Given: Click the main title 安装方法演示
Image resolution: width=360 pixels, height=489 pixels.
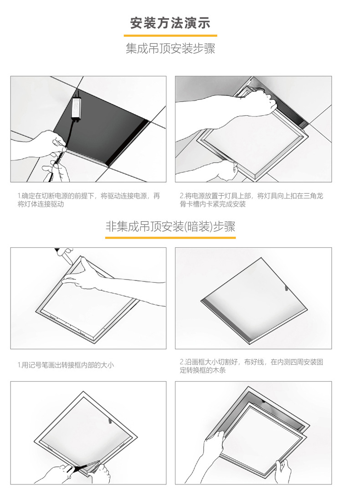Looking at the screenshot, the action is pyautogui.click(x=170, y=23).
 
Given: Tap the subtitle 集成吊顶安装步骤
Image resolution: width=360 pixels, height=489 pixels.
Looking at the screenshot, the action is pyautogui.click(x=170, y=48).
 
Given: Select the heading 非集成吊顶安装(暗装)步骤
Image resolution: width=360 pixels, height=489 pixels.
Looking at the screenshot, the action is pyautogui.click(x=170, y=226).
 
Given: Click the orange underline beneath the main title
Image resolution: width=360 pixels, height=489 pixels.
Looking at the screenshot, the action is pyautogui.click(x=170, y=36).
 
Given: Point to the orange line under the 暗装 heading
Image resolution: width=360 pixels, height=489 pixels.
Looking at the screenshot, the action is pyautogui.click(x=170, y=238).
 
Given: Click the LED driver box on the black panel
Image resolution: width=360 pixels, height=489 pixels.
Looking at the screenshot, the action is pyautogui.click(x=76, y=107).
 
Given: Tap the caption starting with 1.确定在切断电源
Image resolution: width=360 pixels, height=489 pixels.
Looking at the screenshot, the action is pyautogui.click(x=89, y=200).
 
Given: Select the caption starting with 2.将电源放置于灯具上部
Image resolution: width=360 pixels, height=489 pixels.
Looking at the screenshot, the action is pyautogui.click(x=252, y=200).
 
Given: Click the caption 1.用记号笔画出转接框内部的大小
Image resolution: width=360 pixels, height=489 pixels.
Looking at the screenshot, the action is pyautogui.click(x=66, y=365).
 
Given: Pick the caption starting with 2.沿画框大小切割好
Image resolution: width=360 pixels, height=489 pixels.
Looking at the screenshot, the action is pyautogui.click(x=252, y=366).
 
